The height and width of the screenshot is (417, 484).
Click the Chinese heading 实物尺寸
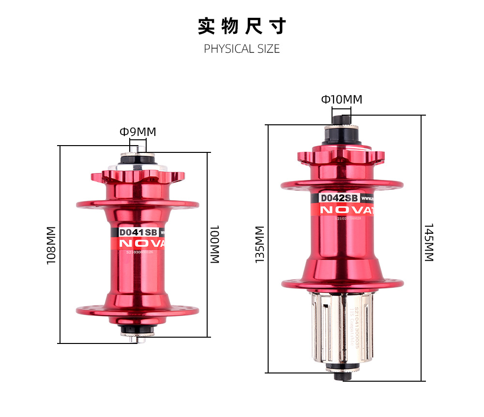(x=242, y=26)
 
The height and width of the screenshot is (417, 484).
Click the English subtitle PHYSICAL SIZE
(x=242, y=49)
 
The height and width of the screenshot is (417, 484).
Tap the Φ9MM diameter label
(x=138, y=132)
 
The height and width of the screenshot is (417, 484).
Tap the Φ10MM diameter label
(x=341, y=100)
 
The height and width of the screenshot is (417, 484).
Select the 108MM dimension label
(x=51, y=245)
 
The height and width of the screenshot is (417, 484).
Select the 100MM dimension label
(x=214, y=244)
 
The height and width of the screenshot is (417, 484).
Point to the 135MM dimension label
(x=260, y=245)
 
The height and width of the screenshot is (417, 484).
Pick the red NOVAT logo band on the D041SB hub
(x=138, y=243)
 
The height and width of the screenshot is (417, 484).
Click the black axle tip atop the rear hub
(x=341, y=119)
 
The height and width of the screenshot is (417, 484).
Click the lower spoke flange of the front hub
(x=137, y=310)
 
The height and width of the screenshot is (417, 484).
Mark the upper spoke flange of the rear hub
(x=342, y=184)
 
